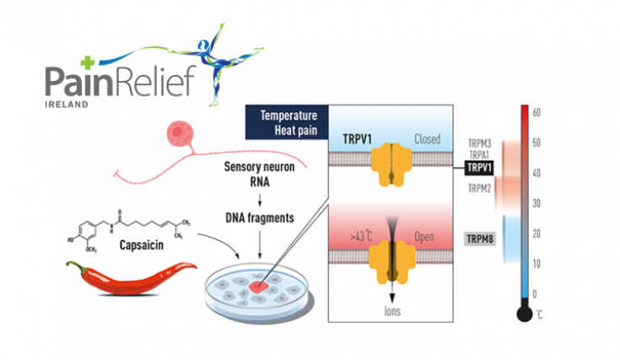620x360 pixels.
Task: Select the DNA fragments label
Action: [x=257, y=217]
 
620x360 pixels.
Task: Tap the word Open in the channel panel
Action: [x=425, y=239]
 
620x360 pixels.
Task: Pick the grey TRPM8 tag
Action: [x=481, y=239]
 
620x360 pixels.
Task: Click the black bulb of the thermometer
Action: [x=524, y=314]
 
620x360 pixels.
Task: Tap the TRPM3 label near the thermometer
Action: [x=480, y=142]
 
